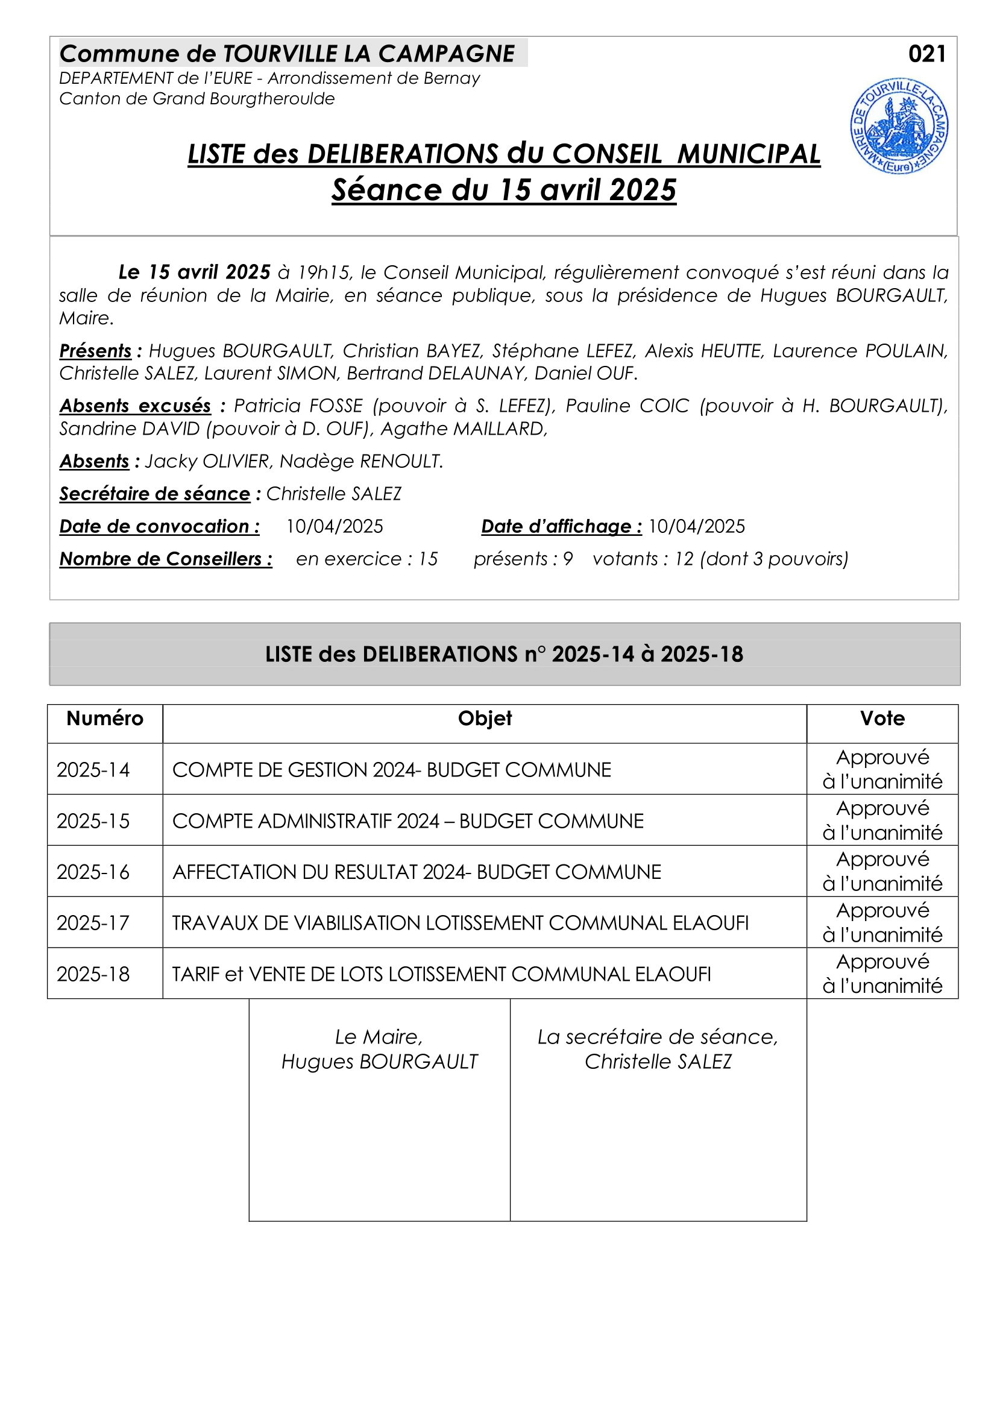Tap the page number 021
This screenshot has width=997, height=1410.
[x=926, y=54]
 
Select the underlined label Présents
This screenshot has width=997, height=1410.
[x=96, y=351]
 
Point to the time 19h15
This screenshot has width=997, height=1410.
[x=324, y=272]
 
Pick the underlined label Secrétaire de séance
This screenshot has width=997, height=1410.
[x=155, y=494]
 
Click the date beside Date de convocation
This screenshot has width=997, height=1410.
[x=335, y=526]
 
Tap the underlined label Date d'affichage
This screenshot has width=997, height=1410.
[x=561, y=526]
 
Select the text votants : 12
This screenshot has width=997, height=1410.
[x=643, y=559]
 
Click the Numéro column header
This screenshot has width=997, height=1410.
[x=105, y=719]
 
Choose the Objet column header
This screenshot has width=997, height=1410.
[x=485, y=719]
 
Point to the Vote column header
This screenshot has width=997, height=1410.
[x=882, y=719]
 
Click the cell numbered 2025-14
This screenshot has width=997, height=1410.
[x=93, y=770]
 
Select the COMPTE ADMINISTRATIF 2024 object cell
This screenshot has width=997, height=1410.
[x=407, y=821]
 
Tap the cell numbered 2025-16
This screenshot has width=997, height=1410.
[x=93, y=872]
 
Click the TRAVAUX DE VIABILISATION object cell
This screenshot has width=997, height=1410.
[x=460, y=923]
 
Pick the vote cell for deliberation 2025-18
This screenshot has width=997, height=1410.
[x=882, y=974]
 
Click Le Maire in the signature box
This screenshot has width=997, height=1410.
[x=379, y=1037]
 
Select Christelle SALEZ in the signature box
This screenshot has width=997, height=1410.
[x=658, y=1061]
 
